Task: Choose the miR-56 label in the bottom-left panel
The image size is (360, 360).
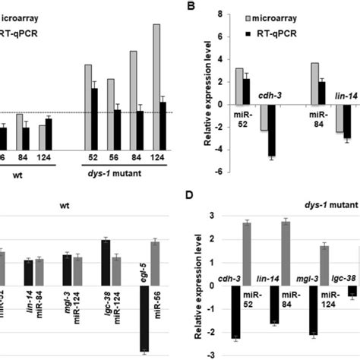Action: click(x=156, y=273)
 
